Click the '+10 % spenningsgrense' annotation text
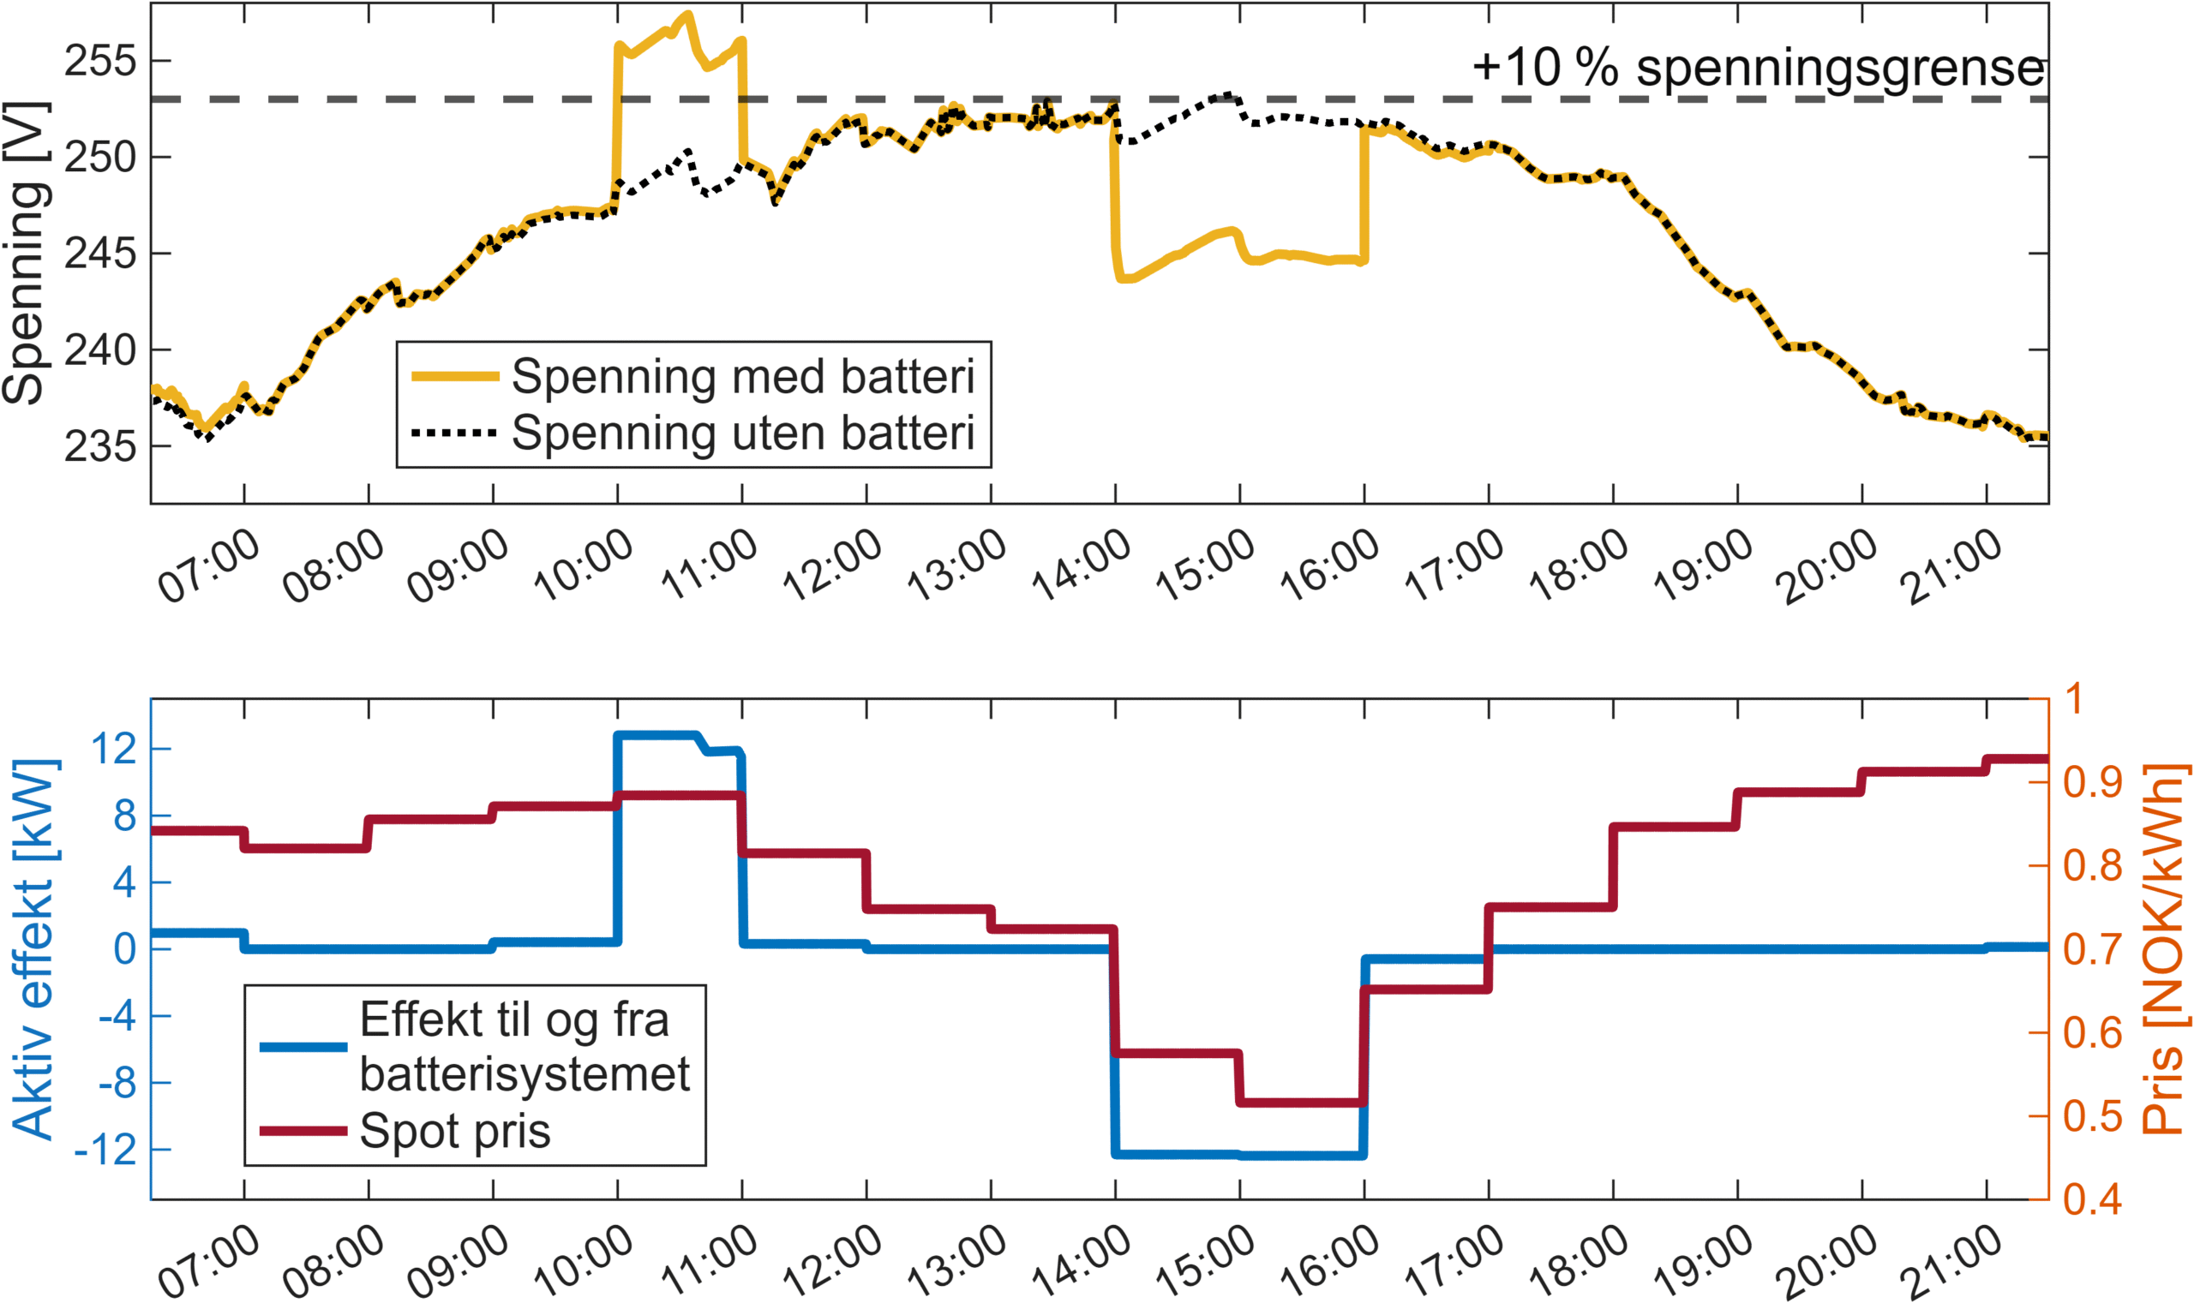tap(1759, 68)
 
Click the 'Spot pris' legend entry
tap(454, 1131)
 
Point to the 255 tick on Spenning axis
tap(101, 62)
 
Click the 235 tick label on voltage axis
tap(101, 447)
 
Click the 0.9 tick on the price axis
tap(2092, 782)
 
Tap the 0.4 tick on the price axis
tap(2092, 1199)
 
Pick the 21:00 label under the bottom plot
tap(1951, 1260)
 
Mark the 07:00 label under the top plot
tap(208, 566)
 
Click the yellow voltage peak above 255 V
tap(687, 15)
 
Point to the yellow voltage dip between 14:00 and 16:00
tap(1238, 254)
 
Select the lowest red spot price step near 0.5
tap(1301, 1102)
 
